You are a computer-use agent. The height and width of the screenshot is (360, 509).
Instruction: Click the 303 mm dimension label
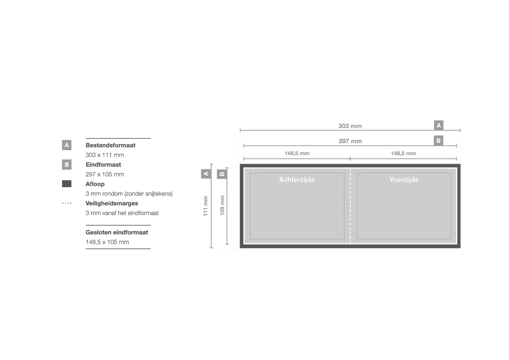350,126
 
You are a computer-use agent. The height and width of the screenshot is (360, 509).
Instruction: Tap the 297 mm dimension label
350,141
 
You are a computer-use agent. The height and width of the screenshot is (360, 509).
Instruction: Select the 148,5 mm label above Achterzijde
297,153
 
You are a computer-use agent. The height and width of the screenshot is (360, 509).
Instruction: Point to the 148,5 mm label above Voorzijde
403,153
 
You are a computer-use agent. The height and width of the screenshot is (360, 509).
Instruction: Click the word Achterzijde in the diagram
297,179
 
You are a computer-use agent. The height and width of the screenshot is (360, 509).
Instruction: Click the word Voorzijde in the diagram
404,179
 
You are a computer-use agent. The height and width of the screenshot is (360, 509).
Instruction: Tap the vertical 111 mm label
206,206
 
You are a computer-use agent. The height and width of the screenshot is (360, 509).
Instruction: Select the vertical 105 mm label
222,205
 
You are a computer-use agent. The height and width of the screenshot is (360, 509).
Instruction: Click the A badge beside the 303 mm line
438,125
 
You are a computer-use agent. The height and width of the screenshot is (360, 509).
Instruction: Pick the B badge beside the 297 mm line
438,141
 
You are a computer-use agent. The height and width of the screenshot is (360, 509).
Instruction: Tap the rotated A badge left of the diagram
206,174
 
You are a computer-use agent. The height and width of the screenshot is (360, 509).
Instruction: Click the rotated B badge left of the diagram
222,174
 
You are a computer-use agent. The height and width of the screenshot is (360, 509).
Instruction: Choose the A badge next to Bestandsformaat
67,145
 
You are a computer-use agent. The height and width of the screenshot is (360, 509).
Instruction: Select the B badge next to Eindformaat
67,165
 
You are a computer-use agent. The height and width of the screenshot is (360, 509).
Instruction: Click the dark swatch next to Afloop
67,184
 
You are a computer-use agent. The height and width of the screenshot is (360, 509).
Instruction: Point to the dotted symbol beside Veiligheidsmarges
67,203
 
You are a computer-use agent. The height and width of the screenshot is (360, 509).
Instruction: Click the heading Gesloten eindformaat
117,232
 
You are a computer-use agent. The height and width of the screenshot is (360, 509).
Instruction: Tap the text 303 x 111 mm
105,155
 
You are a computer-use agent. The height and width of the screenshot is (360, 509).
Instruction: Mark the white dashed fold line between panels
350,206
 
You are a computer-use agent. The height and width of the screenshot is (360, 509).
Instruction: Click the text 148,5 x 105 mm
108,242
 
